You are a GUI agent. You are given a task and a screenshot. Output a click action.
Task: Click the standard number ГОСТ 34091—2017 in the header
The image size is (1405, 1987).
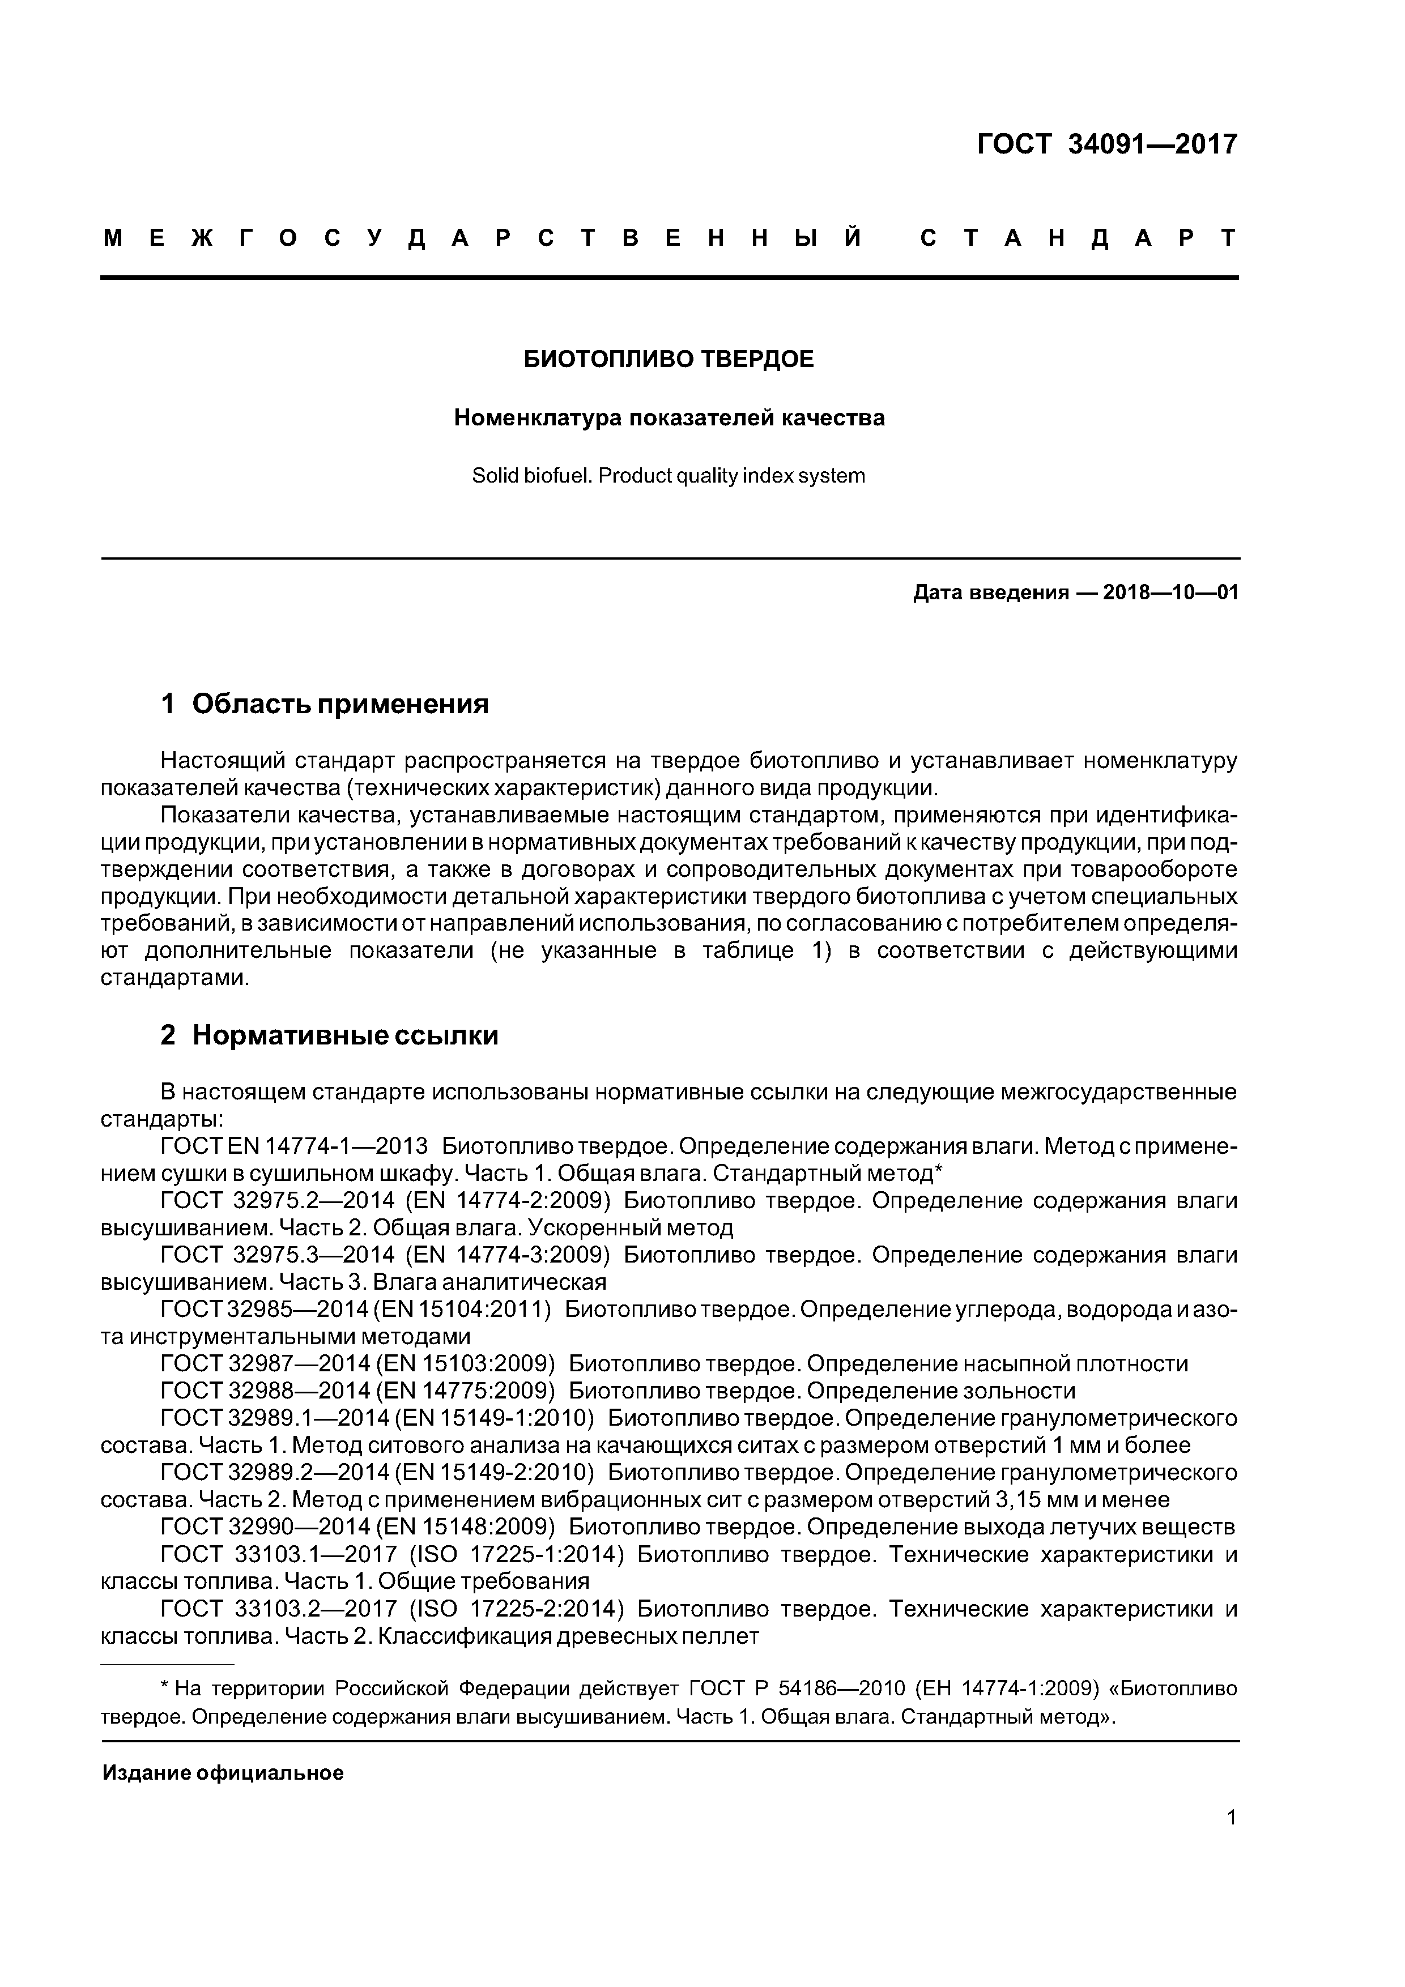point(1106,144)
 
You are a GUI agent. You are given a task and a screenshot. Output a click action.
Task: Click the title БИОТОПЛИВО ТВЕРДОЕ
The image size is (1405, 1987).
point(669,359)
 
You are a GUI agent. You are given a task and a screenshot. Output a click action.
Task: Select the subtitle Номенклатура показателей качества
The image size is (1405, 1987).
point(669,418)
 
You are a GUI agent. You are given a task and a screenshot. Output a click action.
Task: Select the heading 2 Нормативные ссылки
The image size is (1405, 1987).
point(329,1035)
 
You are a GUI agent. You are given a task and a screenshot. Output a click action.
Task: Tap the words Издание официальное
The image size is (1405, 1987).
point(223,1773)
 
